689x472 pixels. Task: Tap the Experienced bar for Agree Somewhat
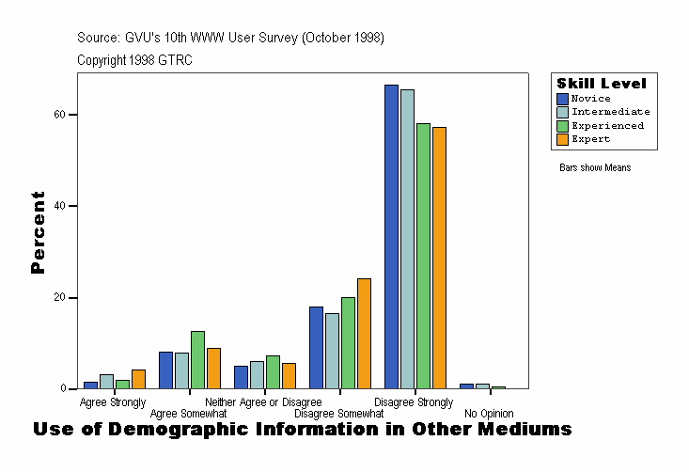click(x=197, y=360)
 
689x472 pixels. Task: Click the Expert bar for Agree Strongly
click(x=138, y=380)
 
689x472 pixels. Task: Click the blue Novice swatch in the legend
click(x=562, y=99)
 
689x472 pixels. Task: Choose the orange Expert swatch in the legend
click(x=562, y=139)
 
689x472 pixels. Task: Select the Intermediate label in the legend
click(x=610, y=112)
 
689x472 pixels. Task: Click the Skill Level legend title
click(x=602, y=84)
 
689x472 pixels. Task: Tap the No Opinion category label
click(x=489, y=413)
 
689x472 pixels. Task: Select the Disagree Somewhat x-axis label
click(x=338, y=413)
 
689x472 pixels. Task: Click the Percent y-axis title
click(x=38, y=232)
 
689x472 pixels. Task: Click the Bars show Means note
click(x=595, y=168)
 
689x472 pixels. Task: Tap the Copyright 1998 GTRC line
click(x=134, y=60)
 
